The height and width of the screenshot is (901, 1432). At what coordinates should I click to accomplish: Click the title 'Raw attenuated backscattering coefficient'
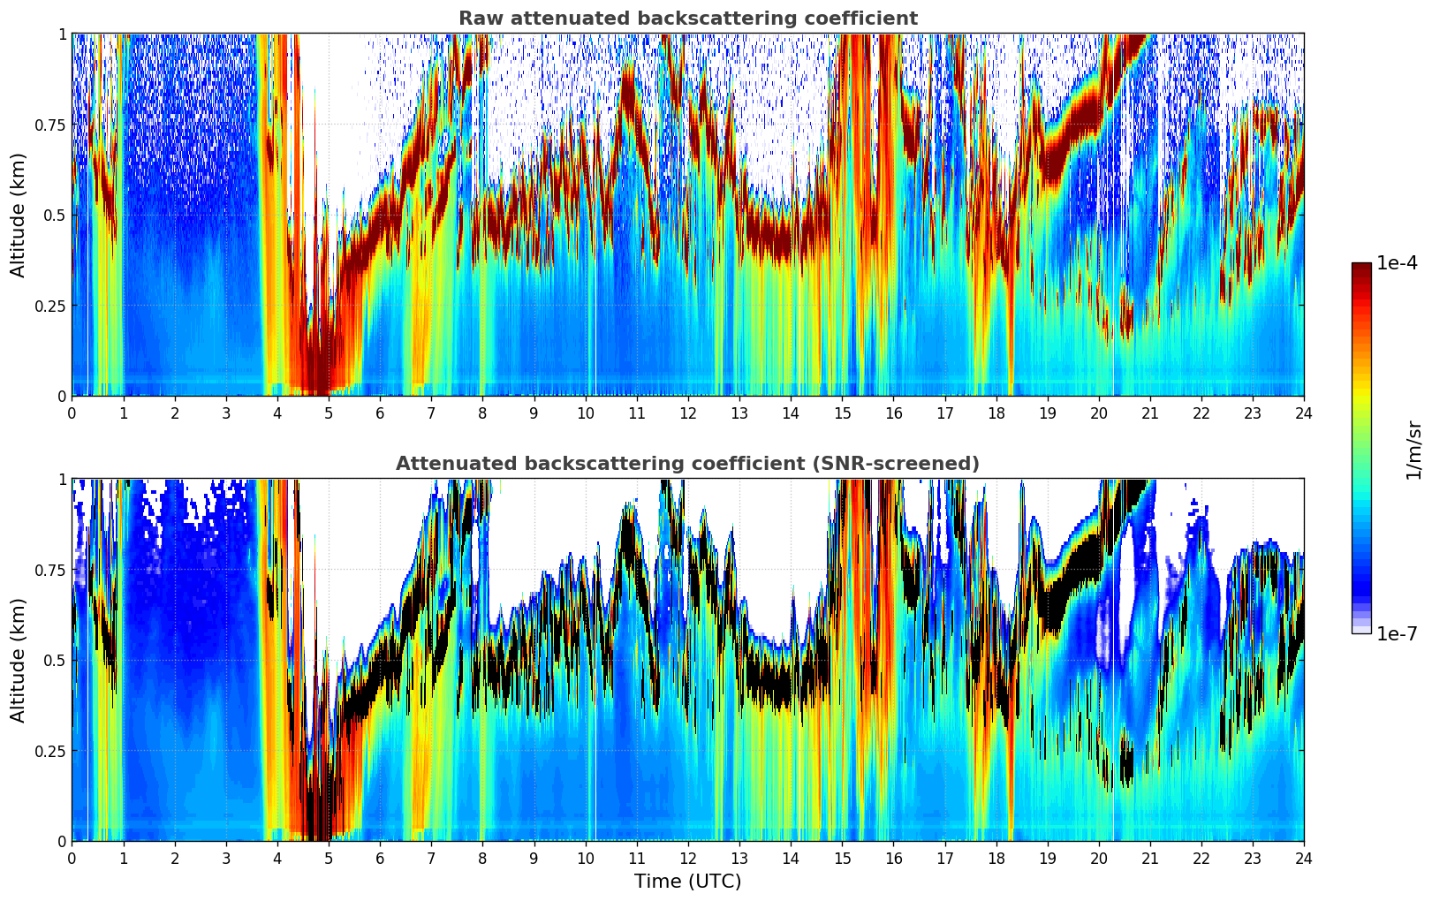(x=687, y=19)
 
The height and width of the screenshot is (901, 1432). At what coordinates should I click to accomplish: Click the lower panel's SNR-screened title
(x=687, y=464)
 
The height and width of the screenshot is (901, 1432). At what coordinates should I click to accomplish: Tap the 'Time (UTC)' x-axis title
(x=687, y=882)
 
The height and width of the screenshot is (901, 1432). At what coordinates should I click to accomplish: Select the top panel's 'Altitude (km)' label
(x=19, y=215)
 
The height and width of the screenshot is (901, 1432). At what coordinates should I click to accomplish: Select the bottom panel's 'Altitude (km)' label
(x=19, y=660)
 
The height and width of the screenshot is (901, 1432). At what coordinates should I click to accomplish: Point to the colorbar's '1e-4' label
(x=1398, y=264)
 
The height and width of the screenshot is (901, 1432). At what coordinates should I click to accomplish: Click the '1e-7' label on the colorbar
(x=1398, y=633)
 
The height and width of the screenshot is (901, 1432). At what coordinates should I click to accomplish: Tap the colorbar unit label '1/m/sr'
(x=1413, y=450)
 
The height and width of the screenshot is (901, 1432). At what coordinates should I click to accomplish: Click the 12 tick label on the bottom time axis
(x=688, y=858)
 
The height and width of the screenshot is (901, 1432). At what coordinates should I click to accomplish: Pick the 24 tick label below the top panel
(x=1304, y=413)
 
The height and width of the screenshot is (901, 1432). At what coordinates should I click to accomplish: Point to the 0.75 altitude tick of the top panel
(x=50, y=125)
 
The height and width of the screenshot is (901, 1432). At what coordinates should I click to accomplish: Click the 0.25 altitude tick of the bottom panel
(x=50, y=751)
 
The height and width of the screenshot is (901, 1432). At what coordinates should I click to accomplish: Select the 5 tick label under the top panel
(x=329, y=413)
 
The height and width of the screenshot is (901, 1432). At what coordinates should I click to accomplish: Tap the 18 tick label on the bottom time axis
(x=996, y=858)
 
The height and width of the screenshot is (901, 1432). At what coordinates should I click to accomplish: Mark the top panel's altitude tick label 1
(x=62, y=34)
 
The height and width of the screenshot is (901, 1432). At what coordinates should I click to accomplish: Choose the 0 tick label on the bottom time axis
(x=72, y=858)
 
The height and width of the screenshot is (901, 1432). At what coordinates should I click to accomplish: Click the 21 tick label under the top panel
(x=1150, y=413)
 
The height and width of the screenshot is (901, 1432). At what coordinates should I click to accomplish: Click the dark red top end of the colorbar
(x=1361, y=266)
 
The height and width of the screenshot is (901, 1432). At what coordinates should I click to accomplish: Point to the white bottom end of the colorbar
(x=1361, y=630)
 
